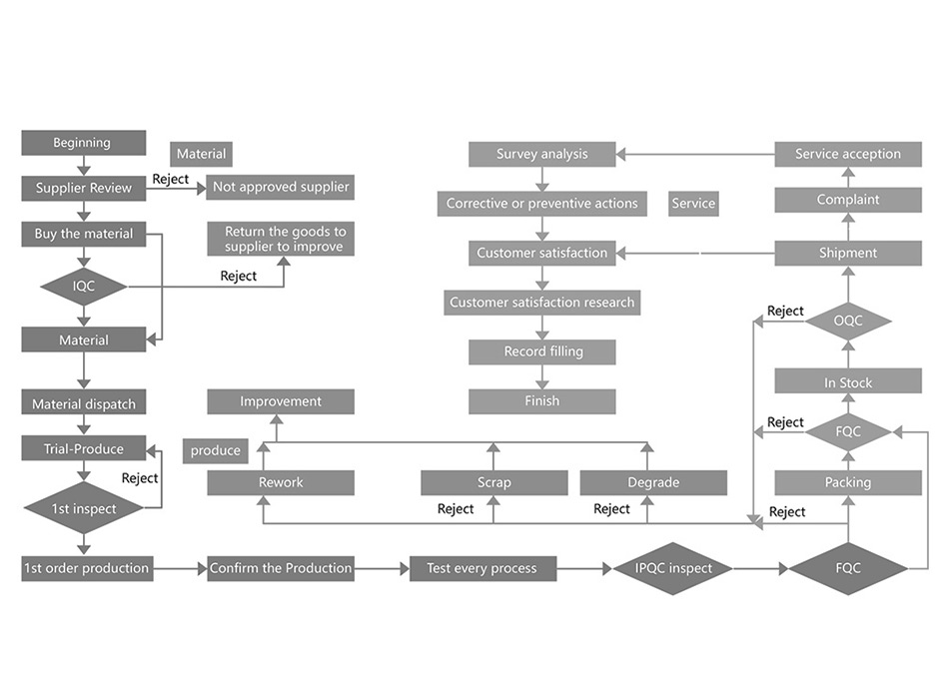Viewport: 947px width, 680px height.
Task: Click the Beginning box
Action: click(83, 143)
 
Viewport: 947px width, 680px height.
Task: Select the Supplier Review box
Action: click(83, 188)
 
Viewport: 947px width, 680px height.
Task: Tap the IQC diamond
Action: click(83, 287)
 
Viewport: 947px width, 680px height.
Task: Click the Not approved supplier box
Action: click(281, 187)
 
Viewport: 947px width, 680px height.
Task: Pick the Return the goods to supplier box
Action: click(281, 239)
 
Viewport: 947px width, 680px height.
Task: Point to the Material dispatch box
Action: click(83, 404)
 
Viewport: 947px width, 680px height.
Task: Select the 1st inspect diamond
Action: click(83, 508)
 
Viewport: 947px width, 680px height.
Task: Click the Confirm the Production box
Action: click(281, 568)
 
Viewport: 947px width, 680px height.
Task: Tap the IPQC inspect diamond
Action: click(674, 568)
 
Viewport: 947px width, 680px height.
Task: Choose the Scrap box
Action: click(493, 482)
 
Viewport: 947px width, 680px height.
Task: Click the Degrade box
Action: click(653, 482)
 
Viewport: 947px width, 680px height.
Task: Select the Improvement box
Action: click(281, 401)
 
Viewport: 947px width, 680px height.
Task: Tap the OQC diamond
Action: click(848, 321)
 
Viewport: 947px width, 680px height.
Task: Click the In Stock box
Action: click(848, 382)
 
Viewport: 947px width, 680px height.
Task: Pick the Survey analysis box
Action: click(541, 154)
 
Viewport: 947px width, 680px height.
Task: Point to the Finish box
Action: click(541, 401)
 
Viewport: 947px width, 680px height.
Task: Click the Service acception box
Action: click(848, 154)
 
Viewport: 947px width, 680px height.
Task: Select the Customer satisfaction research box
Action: click(541, 302)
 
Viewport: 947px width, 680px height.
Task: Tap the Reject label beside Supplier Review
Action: click(170, 180)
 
